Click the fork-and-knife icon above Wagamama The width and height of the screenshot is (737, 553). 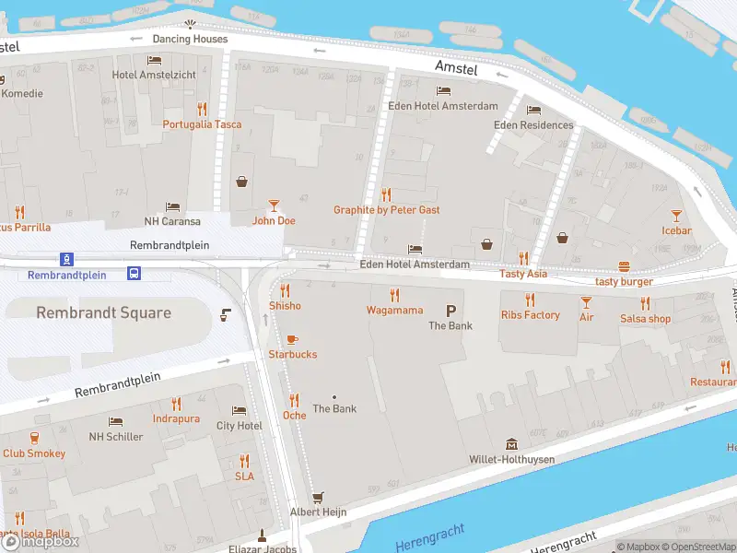coord(394,295)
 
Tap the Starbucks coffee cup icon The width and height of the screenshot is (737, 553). coord(293,340)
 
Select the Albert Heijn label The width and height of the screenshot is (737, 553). coord(318,512)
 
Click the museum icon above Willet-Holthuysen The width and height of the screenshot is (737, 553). coord(510,445)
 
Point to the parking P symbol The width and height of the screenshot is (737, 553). coord(451,311)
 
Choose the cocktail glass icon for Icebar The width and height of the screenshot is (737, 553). coord(677,216)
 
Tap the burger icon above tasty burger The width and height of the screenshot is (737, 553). coord(624,267)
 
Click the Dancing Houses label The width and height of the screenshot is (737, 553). coord(190,39)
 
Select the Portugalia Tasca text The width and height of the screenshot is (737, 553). coord(202,124)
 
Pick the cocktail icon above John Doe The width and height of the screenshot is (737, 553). coord(274,206)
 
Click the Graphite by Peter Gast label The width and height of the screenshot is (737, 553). coord(386,210)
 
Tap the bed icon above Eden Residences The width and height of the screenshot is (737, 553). coord(533,111)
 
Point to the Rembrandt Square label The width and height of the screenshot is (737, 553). coord(103,313)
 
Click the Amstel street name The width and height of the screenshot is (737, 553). coord(456,69)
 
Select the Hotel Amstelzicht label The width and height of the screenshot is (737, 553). coord(149,75)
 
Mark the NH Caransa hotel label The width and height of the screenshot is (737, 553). coord(171,221)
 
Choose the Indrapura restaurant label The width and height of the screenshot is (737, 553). coord(176,419)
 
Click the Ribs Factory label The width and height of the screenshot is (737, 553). coord(530,315)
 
